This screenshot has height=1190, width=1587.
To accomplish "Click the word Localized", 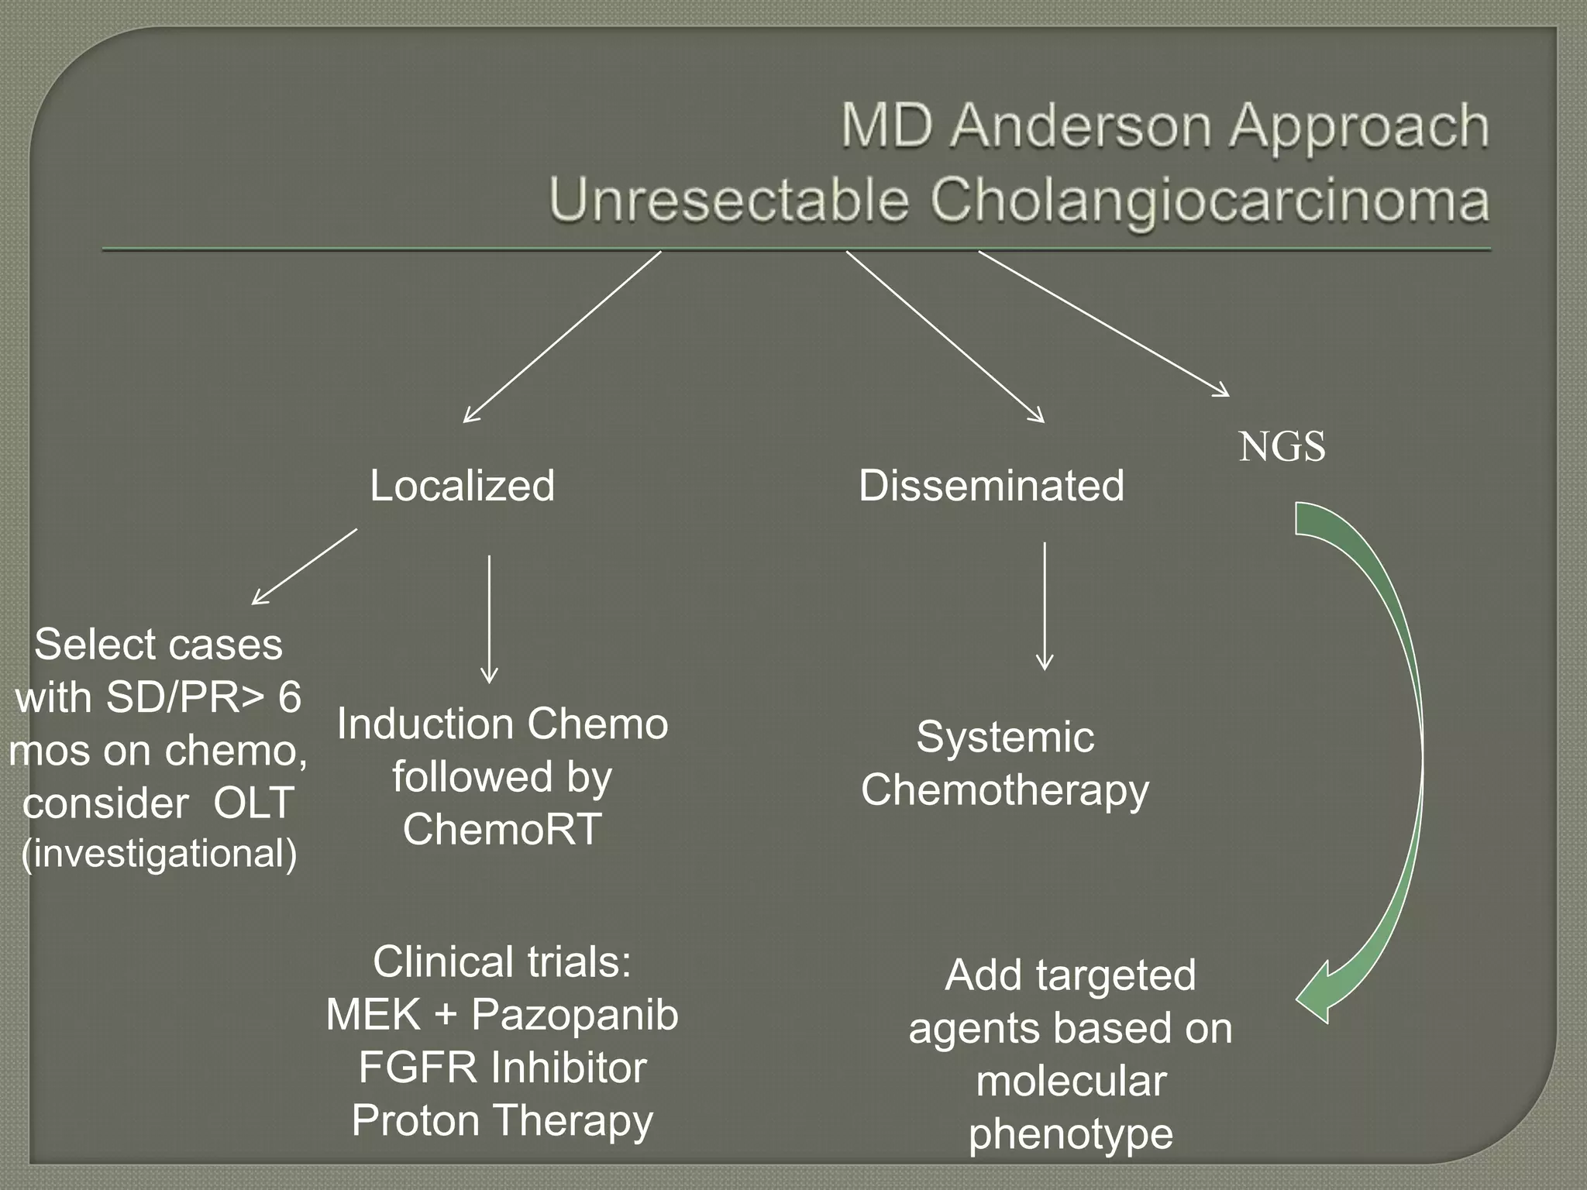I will (462, 486).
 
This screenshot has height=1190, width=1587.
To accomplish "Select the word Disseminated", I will (991, 486).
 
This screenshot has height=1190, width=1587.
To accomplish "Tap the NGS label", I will (1282, 447).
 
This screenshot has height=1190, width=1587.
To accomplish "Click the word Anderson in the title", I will (1081, 126).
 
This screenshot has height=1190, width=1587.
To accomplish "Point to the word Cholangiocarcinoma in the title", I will (1210, 200).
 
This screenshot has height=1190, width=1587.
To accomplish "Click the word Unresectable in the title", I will (728, 200).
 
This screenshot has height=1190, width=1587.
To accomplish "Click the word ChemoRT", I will (502, 829).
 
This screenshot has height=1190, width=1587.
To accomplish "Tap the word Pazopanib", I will (574, 1015).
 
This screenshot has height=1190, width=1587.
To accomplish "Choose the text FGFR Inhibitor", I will (502, 1068).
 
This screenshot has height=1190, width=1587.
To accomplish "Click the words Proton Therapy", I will (502, 1120).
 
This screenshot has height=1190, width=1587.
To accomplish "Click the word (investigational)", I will (159, 854).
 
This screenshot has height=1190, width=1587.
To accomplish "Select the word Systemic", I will (1005, 737).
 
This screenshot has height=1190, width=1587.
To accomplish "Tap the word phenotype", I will (1070, 1134).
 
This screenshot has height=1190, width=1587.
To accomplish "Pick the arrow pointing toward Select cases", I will (305, 566).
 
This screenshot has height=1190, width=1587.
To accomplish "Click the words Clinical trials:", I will (502, 962).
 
